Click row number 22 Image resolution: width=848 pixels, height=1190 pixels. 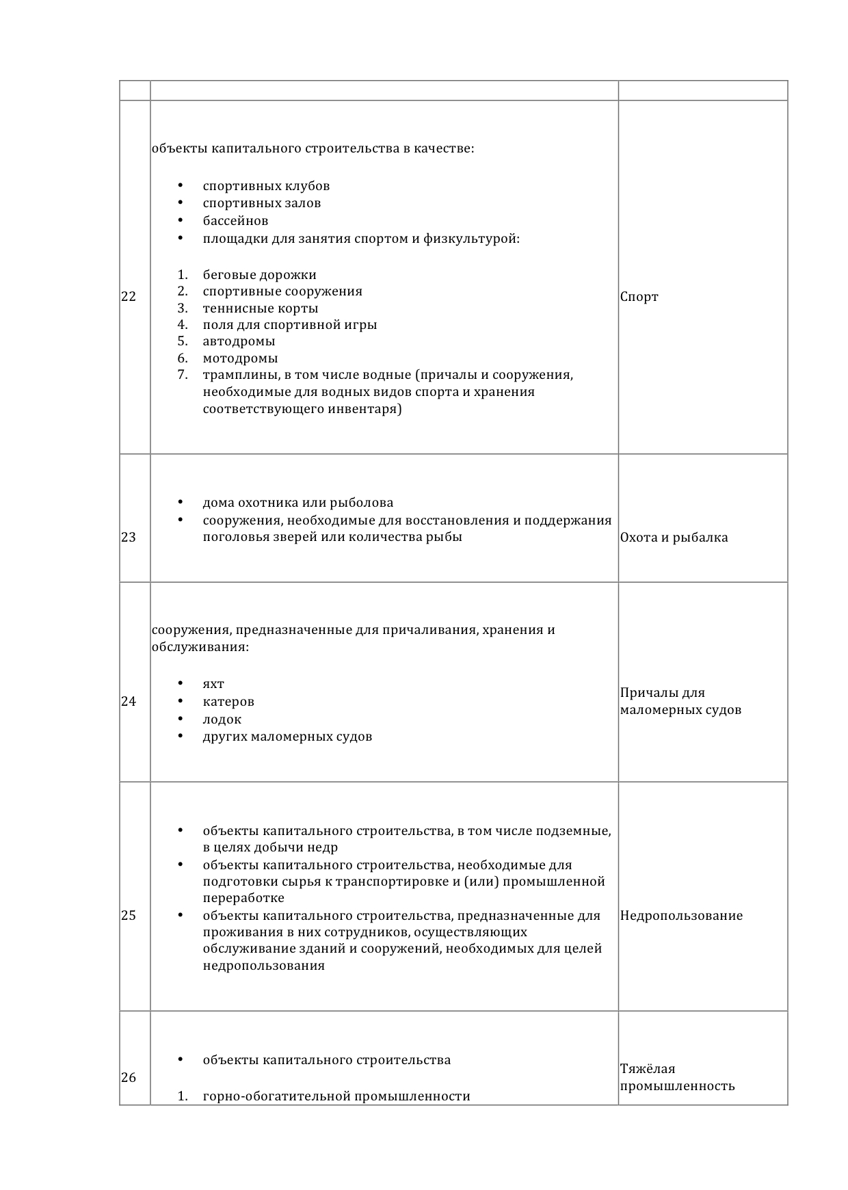pyautogui.click(x=129, y=297)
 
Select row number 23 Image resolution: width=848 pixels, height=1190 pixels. pyautogui.click(x=129, y=538)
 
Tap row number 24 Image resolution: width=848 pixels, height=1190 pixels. pyautogui.click(x=129, y=702)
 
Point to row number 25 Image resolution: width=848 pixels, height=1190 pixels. pyautogui.click(x=129, y=916)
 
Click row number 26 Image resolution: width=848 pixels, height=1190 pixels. pyautogui.click(x=129, y=1078)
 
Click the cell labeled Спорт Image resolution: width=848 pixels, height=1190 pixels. pyautogui.click(x=639, y=297)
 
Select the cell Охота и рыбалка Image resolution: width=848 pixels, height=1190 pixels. pyautogui.click(x=674, y=538)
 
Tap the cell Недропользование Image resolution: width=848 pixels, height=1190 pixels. pyautogui.click(x=681, y=916)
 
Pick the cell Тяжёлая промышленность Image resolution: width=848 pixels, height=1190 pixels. pyautogui.click(x=677, y=1078)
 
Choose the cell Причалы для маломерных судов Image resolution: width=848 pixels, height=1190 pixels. pyautogui.click(x=680, y=702)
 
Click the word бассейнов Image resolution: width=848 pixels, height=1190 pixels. pyautogui.click(x=235, y=221)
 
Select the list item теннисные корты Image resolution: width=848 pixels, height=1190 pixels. pyautogui.click(x=261, y=308)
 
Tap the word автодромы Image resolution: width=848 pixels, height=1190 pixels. pyautogui.click(x=239, y=341)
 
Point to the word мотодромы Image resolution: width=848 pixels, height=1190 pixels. pyautogui.click(x=240, y=358)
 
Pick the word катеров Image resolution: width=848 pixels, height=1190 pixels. pyautogui.click(x=228, y=702)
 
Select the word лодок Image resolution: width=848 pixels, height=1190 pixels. pyautogui.click(x=222, y=719)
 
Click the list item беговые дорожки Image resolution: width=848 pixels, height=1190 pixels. pyautogui.click(x=259, y=275)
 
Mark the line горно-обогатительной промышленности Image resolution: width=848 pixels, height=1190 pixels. pyautogui.click(x=336, y=1097)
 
